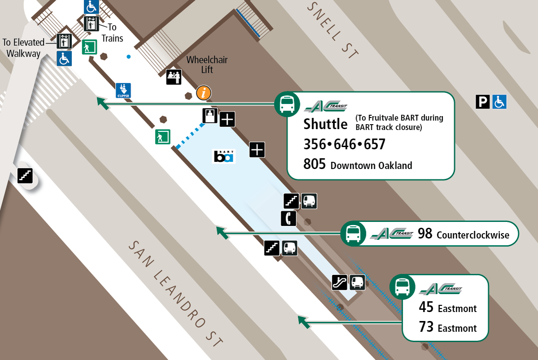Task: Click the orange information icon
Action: click(x=204, y=93)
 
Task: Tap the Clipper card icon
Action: click(x=123, y=90)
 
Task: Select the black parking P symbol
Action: click(x=483, y=102)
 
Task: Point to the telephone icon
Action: click(x=289, y=218)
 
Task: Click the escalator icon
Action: click(x=339, y=282)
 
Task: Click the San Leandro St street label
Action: click(x=176, y=294)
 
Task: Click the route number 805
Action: click(x=314, y=165)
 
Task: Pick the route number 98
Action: click(x=425, y=234)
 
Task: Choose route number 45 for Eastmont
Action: click(x=426, y=308)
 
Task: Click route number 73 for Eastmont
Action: click(x=426, y=327)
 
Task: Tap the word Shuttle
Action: click(x=325, y=123)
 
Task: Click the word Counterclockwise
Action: click(x=473, y=235)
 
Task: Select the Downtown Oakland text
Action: click(x=371, y=165)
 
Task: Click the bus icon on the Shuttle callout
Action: click(x=287, y=104)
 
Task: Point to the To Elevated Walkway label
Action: click(x=24, y=48)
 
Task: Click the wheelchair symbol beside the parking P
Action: click(x=500, y=102)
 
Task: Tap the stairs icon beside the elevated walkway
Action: click(x=25, y=175)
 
